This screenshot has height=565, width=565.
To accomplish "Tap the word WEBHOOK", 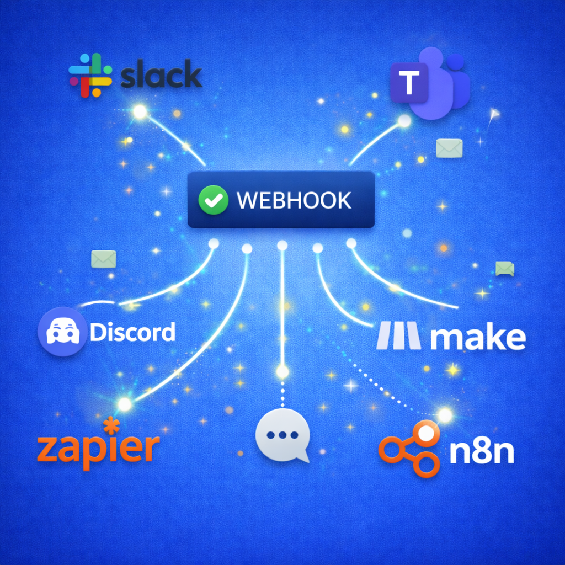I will click(x=294, y=200).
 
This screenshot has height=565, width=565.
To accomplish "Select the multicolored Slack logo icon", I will click(x=90, y=76).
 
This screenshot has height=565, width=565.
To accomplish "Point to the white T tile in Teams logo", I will click(x=409, y=83).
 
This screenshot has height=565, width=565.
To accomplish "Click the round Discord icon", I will click(x=62, y=331).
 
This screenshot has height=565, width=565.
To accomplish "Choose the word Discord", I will click(x=132, y=332).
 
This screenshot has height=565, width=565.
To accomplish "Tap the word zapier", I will click(x=98, y=447).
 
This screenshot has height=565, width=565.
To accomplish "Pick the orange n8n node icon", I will click(x=409, y=449).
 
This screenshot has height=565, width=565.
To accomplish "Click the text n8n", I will click(x=481, y=451).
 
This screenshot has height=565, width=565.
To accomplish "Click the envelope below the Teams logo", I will click(x=449, y=148).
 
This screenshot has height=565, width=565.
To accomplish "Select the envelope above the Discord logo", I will click(x=103, y=259).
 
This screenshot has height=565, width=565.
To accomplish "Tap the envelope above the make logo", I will click(x=504, y=269).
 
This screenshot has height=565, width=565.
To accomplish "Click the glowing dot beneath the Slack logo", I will click(x=140, y=112).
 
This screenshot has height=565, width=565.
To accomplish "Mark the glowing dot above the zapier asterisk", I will click(x=125, y=404).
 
